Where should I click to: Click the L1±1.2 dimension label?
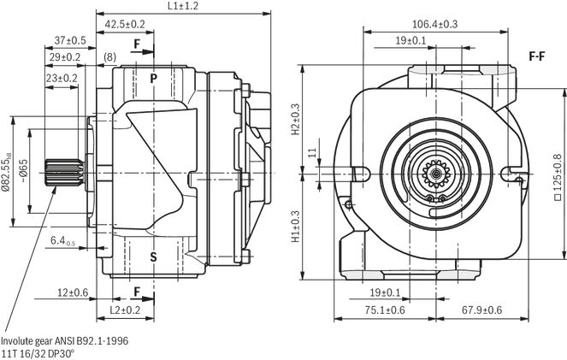point(183,6)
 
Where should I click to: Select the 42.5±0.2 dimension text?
point(125,24)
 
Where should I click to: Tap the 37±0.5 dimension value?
point(70,40)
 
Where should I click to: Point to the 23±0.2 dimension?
point(62,78)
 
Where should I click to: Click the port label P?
point(154,79)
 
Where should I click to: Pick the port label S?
point(154,257)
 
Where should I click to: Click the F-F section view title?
point(536,56)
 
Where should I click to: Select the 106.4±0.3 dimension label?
point(435,24)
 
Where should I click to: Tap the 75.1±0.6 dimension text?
point(385,310)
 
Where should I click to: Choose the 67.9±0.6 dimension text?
point(482,310)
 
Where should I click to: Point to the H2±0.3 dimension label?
point(296,119)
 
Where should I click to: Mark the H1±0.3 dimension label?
point(296,227)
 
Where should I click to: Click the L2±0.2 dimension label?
point(125,310)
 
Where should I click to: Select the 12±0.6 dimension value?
point(73,292)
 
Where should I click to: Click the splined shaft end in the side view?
point(64,173)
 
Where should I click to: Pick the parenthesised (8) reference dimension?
point(110,57)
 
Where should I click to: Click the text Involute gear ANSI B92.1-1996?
point(65,341)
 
